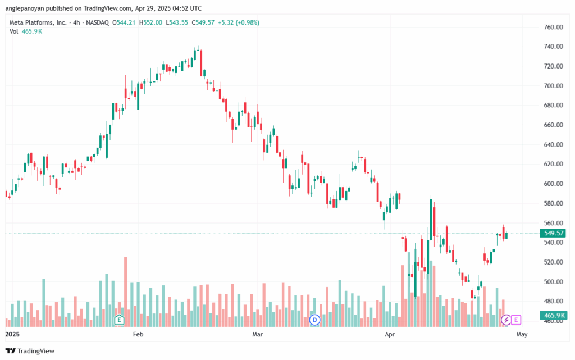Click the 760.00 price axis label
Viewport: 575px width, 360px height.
click(553, 27)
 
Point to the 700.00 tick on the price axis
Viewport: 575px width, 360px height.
click(553, 86)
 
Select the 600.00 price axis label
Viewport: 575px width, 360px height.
click(553, 184)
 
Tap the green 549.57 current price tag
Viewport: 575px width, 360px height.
click(553, 233)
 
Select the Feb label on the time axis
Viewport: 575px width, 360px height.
click(138, 334)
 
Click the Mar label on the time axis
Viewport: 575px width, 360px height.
click(258, 334)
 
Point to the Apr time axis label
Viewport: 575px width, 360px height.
click(390, 334)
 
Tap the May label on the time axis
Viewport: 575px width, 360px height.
click(522, 334)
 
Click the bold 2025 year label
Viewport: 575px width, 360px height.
click(12, 334)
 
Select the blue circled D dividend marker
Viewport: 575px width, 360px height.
click(314, 320)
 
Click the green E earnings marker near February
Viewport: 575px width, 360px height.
click(119, 320)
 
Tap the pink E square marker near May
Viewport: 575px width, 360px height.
click(516, 320)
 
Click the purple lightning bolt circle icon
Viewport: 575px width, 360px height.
click(506, 320)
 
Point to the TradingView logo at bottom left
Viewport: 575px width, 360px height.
click(30, 351)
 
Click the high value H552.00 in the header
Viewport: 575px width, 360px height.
click(150, 22)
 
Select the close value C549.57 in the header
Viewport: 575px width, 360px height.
click(203, 22)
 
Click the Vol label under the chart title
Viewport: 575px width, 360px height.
click(13, 31)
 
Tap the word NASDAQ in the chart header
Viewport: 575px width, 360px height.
click(97, 22)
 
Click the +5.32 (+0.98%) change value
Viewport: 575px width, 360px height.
click(239, 22)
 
